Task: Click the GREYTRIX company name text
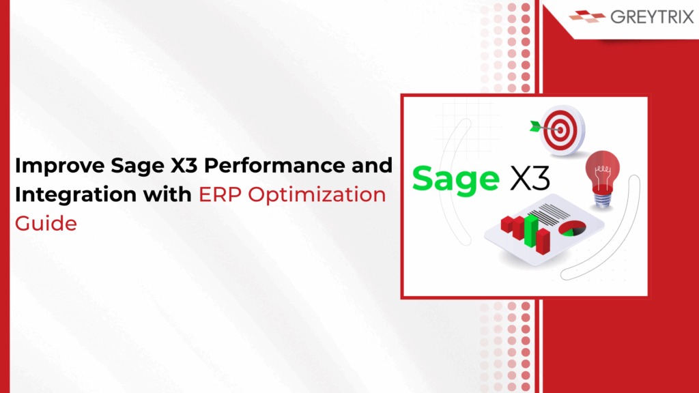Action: [x=652, y=17]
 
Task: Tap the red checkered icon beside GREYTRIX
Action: [x=587, y=16]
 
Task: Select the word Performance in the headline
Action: [x=274, y=165]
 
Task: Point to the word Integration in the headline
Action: [x=75, y=194]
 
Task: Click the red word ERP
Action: [x=220, y=194]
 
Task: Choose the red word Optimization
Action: [x=317, y=195]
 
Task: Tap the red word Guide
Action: [x=46, y=223]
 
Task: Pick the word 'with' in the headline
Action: [x=167, y=194]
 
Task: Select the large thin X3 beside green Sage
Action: [x=530, y=179]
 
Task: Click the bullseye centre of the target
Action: [x=560, y=130]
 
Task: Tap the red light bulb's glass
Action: [x=602, y=171]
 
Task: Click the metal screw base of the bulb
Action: [x=603, y=200]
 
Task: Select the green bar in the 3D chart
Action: [x=531, y=230]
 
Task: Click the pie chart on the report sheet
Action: [x=572, y=228]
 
